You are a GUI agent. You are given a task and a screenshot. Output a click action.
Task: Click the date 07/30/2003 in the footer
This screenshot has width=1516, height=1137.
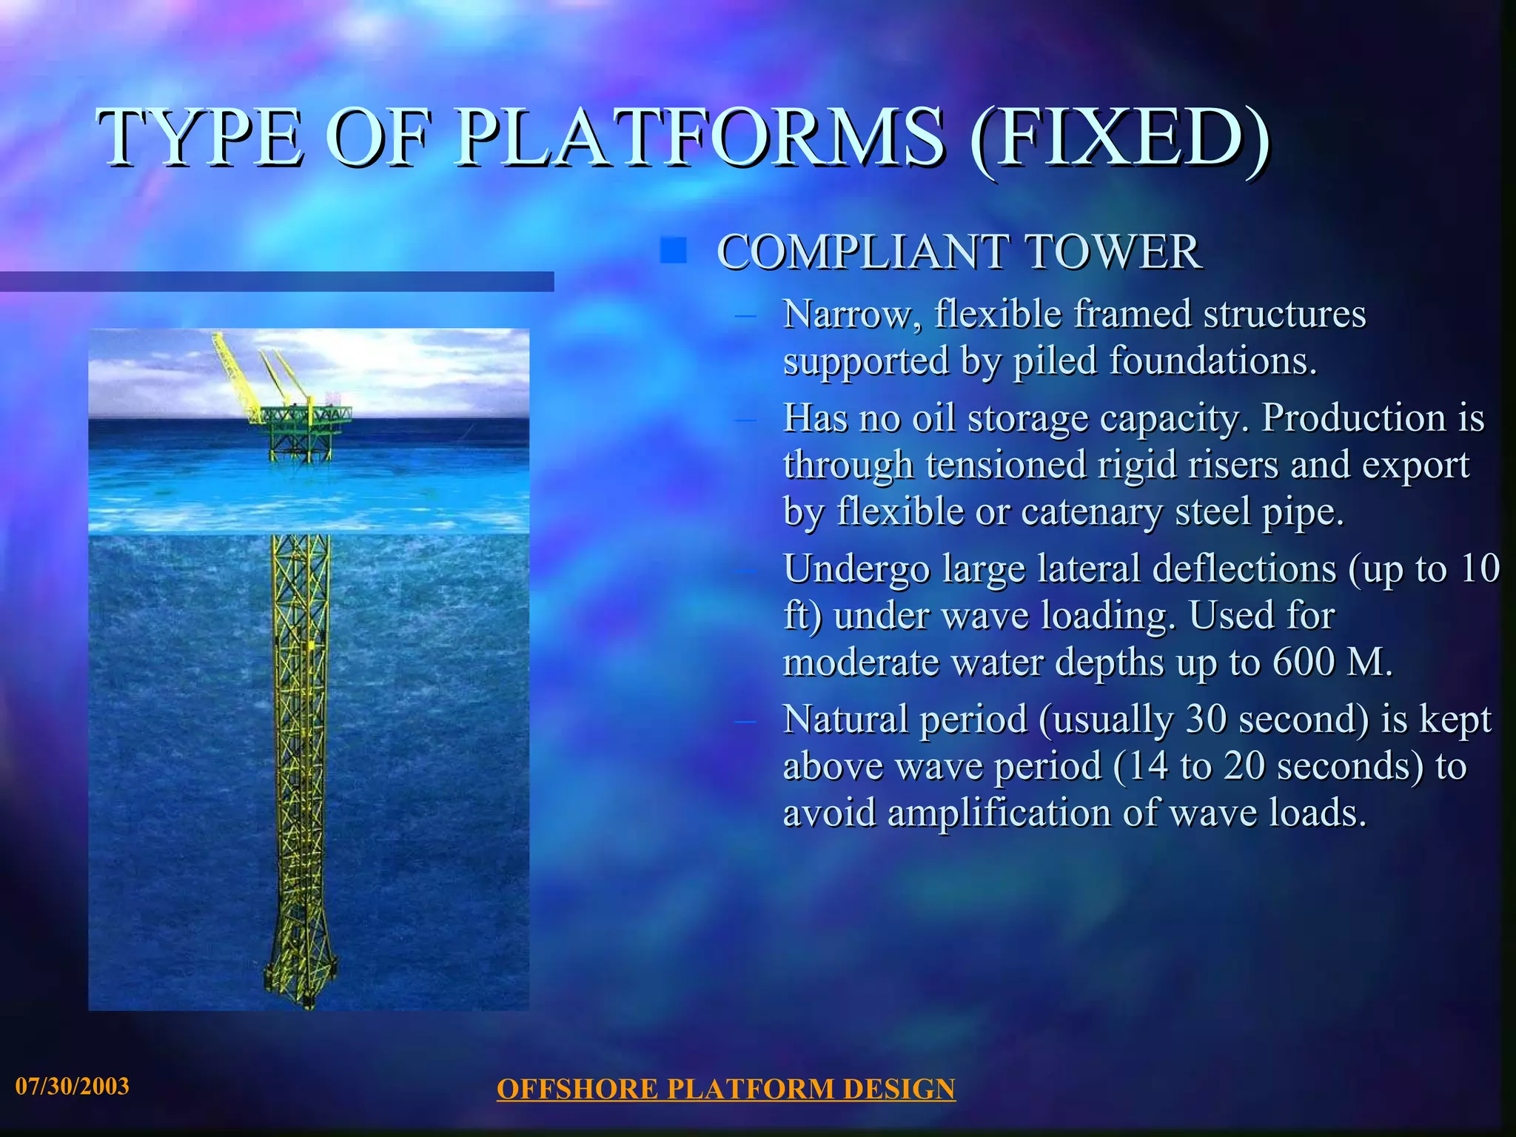click(x=73, y=1086)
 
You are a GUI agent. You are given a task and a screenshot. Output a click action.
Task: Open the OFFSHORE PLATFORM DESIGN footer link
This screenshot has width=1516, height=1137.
click(x=725, y=1089)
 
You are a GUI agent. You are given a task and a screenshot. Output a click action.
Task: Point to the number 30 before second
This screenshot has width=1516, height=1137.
click(x=1206, y=719)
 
